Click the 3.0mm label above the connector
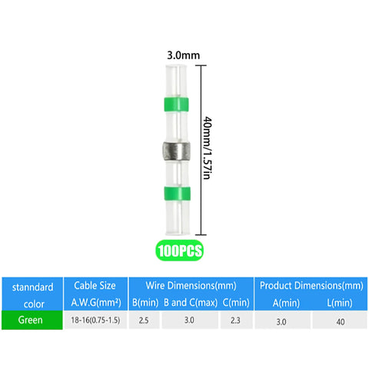click(183, 55)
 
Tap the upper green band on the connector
click(176, 105)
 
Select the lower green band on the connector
click(177, 194)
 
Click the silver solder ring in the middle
click(177, 151)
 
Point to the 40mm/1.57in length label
click(207, 148)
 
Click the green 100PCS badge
click(179, 251)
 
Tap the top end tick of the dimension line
click(201, 65)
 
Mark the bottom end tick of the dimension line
click(201, 234)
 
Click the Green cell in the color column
click(32, 320)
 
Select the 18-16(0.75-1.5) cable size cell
click(95, 320)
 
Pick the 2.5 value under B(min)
click(144, 320)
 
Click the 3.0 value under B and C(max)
click(189, 320)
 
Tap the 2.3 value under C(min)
click(235, 320)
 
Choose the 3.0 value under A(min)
click(281, 321)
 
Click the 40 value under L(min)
click(341, 321)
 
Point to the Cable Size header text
click(95, 285)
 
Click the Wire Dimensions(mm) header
click(191, 285)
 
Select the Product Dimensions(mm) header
click(311, 285)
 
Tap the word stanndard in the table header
click(33, 287)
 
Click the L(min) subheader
click(340, 303)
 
